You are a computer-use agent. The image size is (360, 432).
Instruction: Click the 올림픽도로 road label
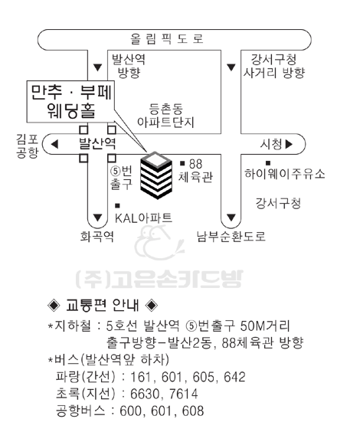[167, 39]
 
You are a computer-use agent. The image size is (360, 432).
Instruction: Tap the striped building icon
[156, 175]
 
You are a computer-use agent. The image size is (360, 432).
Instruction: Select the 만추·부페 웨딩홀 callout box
[70, 101]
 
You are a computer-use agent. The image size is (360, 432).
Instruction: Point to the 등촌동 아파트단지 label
[165, 116]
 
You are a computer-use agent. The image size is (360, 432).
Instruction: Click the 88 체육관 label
[196, 171]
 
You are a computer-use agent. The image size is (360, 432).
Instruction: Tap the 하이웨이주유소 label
[285, 174]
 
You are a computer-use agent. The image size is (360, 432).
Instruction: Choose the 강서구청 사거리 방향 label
[274, 66]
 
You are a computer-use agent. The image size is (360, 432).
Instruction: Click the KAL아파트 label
[143, 218]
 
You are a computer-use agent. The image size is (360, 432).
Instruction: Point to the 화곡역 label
[97, 237]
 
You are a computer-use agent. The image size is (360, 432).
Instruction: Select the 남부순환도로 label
[231, 237]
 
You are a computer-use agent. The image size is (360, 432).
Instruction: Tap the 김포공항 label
[28, 146]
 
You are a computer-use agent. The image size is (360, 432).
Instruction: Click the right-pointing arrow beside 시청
[289, 144]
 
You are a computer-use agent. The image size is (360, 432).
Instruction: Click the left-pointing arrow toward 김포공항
[55, 144]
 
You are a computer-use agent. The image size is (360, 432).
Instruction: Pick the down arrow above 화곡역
[97, 218]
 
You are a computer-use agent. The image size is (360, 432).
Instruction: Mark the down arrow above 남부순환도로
[231, 218]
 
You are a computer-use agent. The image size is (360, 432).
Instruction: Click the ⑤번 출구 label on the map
[121, 178]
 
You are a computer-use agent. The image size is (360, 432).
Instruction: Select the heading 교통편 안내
[103, 305]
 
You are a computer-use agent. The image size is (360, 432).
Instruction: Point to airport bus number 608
[193, 411]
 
